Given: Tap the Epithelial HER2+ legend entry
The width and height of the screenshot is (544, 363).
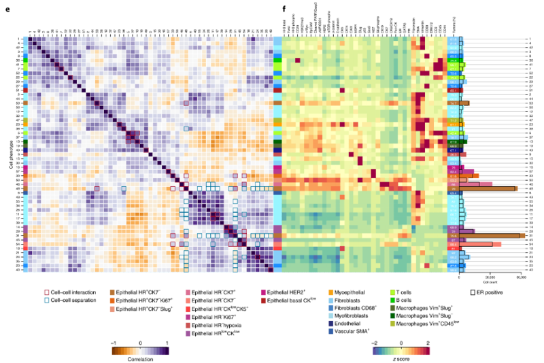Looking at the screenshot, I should click(287, 291).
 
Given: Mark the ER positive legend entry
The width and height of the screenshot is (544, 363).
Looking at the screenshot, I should click(484, 291).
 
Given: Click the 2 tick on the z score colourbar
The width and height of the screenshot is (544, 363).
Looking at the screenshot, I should click(428, 343).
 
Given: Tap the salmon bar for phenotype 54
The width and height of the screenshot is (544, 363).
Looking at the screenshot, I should click(480, 244).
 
